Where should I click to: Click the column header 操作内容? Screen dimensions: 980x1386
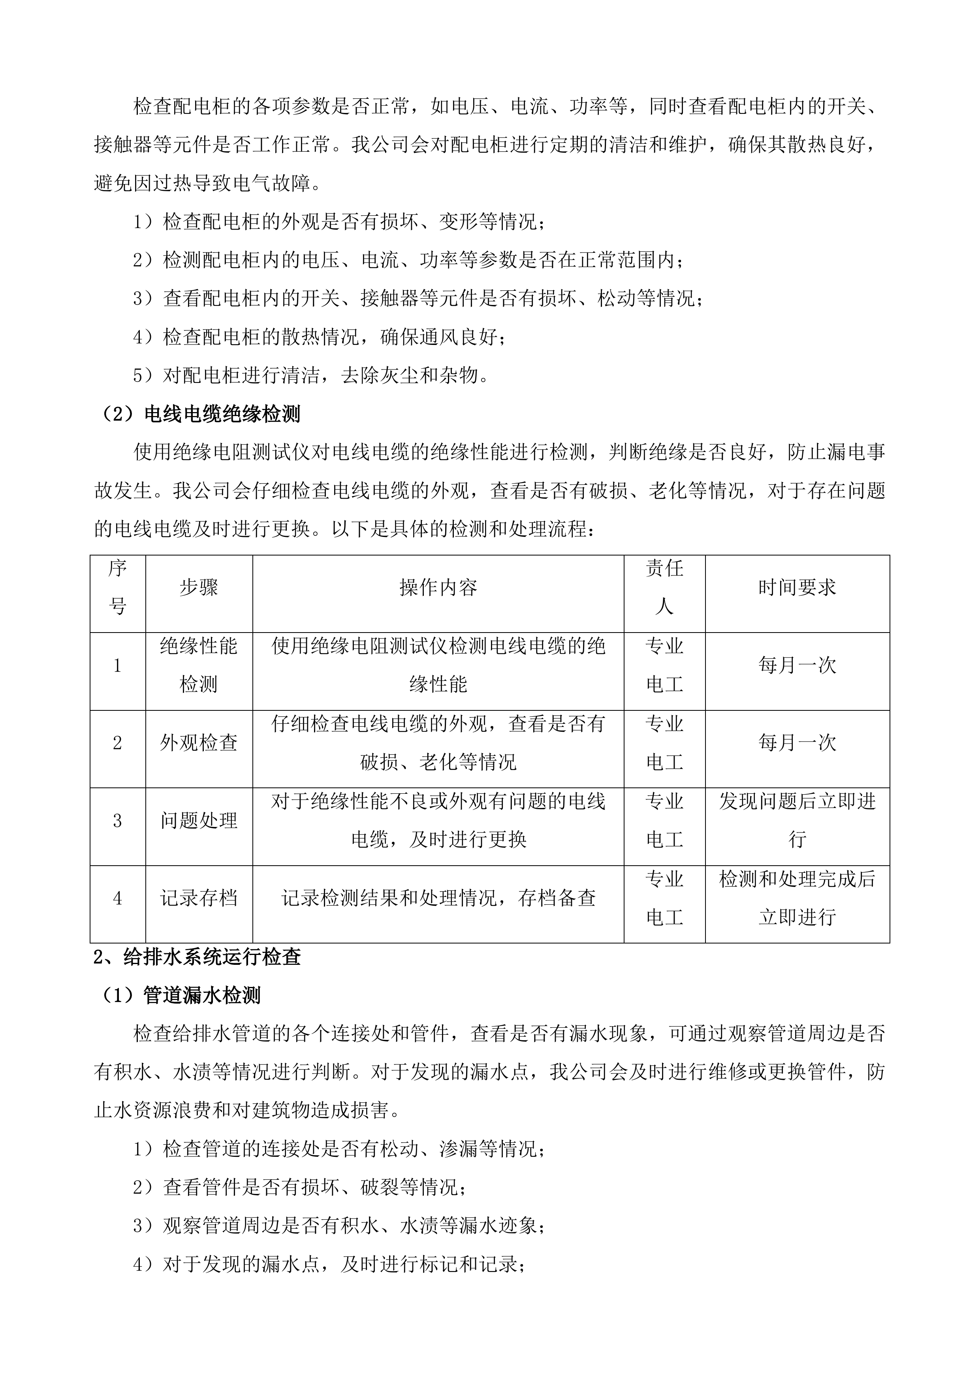[x=438, y=588]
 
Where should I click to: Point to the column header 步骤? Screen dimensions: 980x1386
[x=199, y=588]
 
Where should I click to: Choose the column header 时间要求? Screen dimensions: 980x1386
[x=797, y=588]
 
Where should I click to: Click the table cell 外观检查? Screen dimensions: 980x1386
[x=199, y=742]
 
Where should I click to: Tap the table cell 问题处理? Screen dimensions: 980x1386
[x=199, y=820]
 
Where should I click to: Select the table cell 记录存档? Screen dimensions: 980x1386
[x=199, y=898]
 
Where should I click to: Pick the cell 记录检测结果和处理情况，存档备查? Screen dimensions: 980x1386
[x=438, y=898]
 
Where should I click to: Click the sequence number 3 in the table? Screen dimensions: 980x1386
[x=118, y=820]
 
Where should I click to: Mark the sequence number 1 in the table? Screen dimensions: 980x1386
[x=118, y=665]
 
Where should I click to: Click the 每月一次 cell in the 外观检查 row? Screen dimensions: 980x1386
[x=797, y=742]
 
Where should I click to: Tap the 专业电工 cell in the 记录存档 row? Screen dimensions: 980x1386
[x=664, y=898]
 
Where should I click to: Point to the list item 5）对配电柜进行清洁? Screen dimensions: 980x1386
[x=311, y=375]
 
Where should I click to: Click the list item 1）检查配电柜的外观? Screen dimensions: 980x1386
[x=340, y=222]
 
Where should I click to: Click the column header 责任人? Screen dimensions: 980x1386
[x=664, y=588]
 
